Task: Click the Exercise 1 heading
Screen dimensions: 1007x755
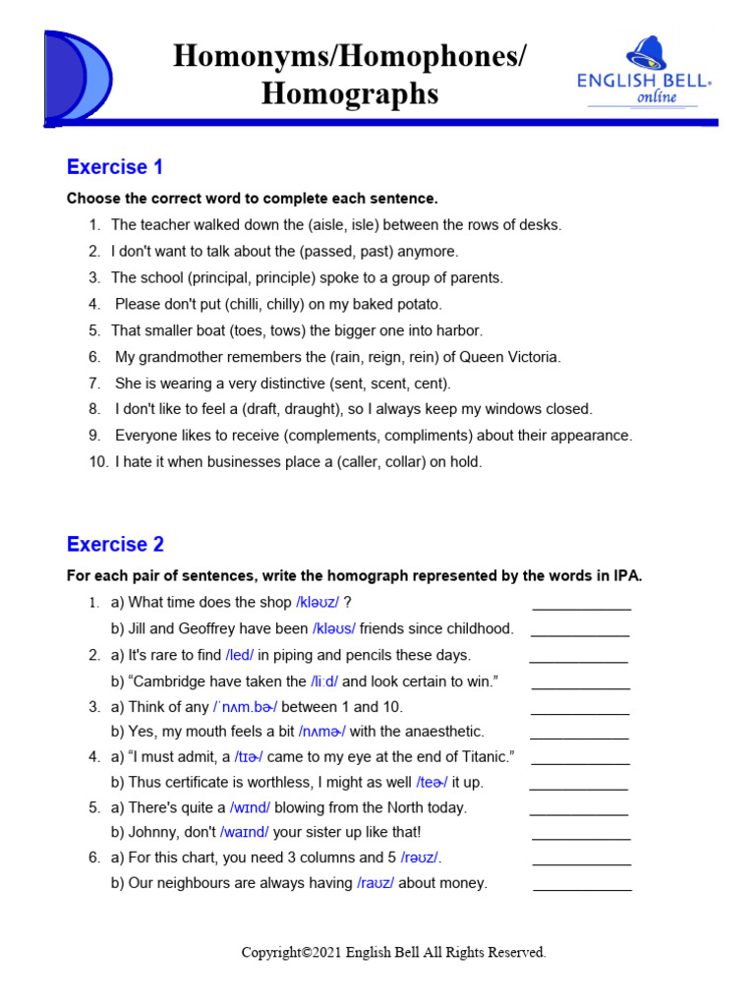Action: (115, 166)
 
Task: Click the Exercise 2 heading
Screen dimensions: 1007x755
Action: (115, 544)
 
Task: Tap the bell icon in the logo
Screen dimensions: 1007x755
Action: (645, 55)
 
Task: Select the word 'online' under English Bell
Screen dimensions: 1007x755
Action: (658, 97)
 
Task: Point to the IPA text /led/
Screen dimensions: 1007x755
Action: (240, 655)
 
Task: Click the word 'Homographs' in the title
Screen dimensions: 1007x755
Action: (350, 94)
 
